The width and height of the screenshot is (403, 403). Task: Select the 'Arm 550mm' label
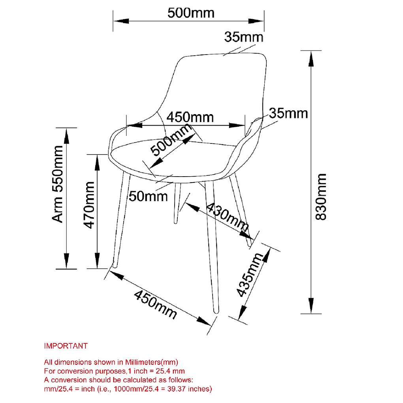click(58, 184)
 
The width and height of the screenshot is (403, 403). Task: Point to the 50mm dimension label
click(149, 196)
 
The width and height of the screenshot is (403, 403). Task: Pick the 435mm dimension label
click(250, 275)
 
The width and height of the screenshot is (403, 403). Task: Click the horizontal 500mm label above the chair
click(191, 13)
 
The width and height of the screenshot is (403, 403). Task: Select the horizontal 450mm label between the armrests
click(190, 117)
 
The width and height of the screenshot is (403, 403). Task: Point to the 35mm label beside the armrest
click(288, 113)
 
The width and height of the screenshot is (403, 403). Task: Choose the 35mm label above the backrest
click(244, 37)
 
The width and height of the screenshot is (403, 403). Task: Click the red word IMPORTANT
click(66, 346)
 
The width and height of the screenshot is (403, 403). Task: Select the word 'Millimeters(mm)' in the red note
click(152, 362)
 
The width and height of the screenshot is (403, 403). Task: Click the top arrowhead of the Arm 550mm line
click(66, 134)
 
